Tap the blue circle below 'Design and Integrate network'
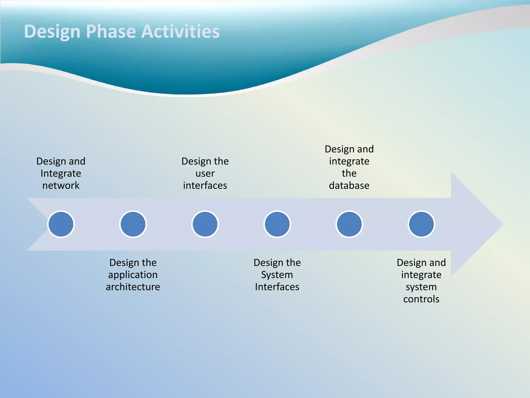click(x=61, y=224)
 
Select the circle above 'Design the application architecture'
click(x=133, y=224)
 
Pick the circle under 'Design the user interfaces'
click(x=205, y=224)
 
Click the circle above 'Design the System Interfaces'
click(x=277, y=224)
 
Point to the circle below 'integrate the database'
click(x=349, y=224)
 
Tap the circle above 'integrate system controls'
click(x=421, y=224)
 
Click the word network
click(x=61, y=186)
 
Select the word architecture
click(x=133, y=287)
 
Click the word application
click(x=133, y=275)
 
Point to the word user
click(x=205, y=173)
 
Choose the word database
click(x=349, y=186)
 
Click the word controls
click(x=421, y=299)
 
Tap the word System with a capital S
click(x=277, y=275)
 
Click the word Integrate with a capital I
click(x=61, y=173)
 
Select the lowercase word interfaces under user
click(x=205, y=186)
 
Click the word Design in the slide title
click(x=52, y=31)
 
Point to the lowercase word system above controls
click(x=421, y=287)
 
